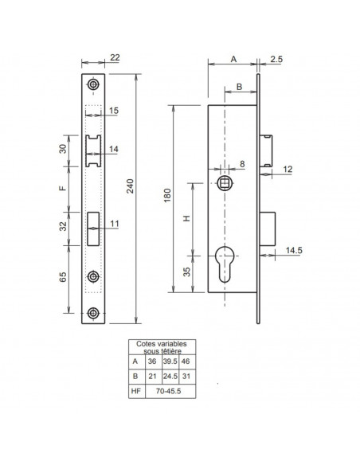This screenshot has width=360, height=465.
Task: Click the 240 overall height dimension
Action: click(131, 186)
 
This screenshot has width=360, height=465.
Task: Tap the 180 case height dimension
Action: click(167, 195)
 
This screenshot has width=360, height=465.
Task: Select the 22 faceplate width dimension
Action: click(115, 57)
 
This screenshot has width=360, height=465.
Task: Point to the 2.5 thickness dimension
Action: click(276, 59)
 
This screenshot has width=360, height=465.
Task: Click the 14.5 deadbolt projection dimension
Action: click(294, 250)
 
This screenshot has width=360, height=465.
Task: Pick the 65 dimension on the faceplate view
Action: click(63, 277)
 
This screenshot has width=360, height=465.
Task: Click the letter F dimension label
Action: click(63, 189)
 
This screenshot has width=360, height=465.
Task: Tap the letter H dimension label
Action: click(186, 218)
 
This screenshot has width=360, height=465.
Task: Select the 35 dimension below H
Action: click(186, 272)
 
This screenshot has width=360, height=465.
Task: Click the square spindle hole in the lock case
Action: click(225, 183)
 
